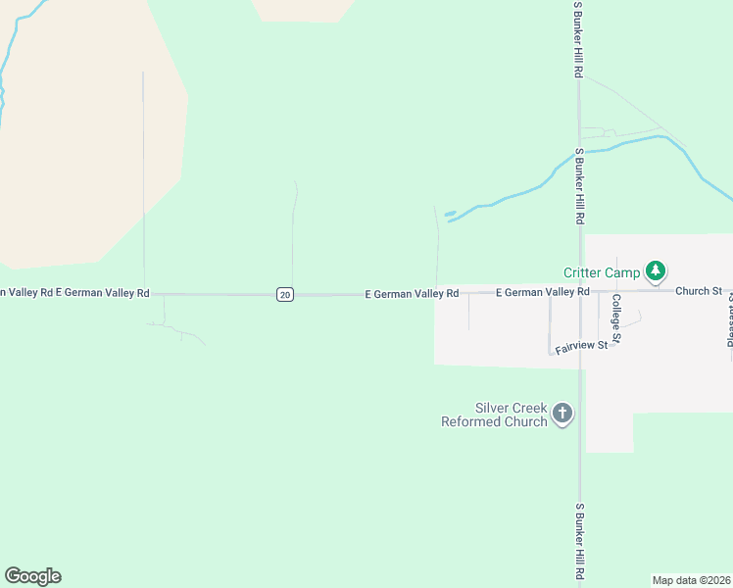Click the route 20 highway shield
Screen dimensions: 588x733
(284, 294)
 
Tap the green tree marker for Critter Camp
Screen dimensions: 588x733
(656, 271)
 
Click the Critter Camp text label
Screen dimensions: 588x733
(602, 272)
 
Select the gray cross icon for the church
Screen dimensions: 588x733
(562, 414)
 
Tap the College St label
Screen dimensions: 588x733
(616, 319)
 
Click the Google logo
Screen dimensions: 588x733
(33, 576)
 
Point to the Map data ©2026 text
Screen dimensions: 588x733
(692, 580)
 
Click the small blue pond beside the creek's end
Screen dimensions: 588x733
(450, 213)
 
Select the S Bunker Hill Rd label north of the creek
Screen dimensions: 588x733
(579, 40)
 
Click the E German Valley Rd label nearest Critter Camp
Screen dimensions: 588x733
(542, 292)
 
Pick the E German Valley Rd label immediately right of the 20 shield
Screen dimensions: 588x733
(412, 293)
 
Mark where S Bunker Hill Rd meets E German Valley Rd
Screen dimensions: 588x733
(580, 292)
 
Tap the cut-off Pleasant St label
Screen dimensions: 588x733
(729, 323)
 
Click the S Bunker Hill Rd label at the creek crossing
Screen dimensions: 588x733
(579, 186)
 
